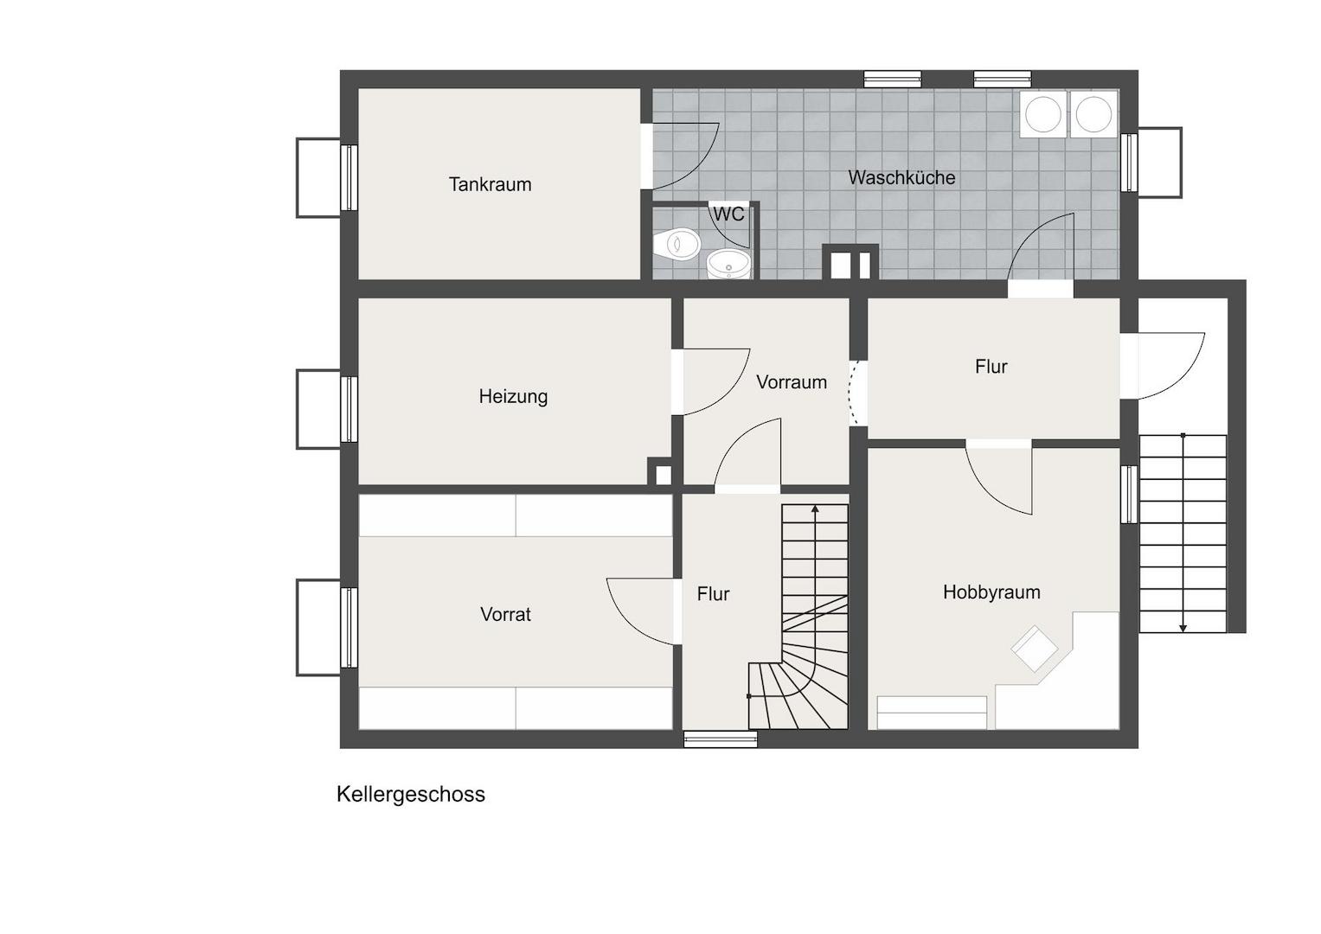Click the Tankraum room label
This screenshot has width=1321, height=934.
[490, 184]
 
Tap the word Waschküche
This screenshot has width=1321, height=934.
[901, 177]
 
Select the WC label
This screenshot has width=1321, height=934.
[729, 214]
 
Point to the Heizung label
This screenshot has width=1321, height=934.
[513, 396]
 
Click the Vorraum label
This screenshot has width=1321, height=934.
[792, 382]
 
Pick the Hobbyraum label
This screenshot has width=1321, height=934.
[991, 592]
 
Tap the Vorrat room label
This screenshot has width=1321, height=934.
[505, 614]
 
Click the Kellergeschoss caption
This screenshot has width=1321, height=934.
[410, 794]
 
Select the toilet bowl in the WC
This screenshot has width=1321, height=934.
[677, 244]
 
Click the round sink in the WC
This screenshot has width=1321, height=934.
[729, 264]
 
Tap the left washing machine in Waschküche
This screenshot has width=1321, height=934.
[1042, 114]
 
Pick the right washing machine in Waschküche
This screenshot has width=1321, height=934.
[1094, 114]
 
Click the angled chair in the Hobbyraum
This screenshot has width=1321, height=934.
[1035, 648]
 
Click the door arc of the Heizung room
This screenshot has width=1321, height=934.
[730, 395]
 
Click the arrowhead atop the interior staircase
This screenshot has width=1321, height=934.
[815, 509]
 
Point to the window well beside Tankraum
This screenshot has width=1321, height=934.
[319, 177]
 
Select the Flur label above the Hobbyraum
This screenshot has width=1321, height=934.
[991, 367]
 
